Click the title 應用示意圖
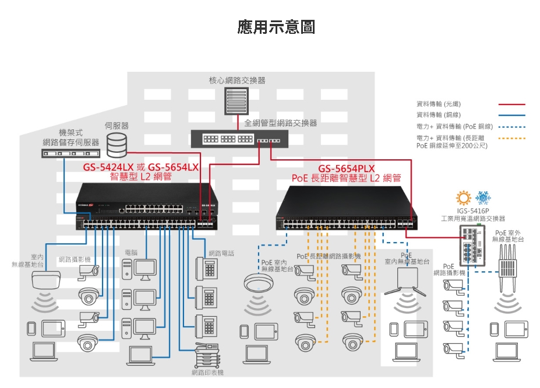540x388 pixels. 276,27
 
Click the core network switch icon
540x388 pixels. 237,101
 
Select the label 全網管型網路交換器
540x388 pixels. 280,123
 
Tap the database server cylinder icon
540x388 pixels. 117,145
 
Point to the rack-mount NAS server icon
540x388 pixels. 70,153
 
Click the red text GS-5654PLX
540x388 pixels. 346,169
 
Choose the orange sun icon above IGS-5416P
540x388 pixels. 463,198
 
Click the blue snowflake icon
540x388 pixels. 483,198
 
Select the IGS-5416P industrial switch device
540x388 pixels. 472,245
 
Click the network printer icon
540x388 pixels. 207,355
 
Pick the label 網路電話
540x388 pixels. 221,253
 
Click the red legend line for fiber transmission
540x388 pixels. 511,104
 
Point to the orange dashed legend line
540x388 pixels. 511,139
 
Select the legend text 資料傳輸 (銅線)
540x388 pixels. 439,115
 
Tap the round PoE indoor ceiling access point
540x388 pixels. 259,282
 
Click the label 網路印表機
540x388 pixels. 207,372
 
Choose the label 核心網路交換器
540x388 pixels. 237,81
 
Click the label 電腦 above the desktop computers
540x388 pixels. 131,253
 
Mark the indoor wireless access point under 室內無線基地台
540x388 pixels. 46,279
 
